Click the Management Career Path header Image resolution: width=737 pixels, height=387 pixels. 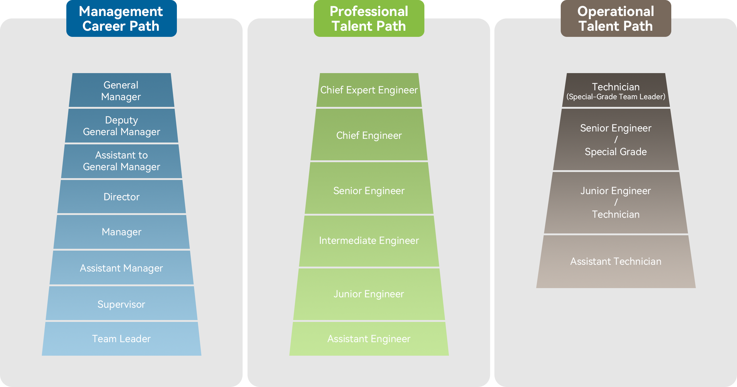coord(121,18)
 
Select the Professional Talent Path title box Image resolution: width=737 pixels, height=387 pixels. coord(369,18)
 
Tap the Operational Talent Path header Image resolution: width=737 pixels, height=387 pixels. coord(616,18)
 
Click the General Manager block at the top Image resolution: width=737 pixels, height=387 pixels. coord(121,91)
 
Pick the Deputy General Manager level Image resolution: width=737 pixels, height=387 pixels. coord(121,126)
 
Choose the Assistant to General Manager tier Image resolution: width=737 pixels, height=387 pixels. coord(121,161)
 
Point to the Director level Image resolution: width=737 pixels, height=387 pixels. coord(121,197)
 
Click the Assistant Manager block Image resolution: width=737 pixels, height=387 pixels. coord(121,268)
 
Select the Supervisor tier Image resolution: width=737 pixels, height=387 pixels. coord(121,304)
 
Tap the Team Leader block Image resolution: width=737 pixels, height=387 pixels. coord(121,338)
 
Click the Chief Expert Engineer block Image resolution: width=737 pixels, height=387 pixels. coord(369,90)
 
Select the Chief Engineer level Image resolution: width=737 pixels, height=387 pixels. coord(369,135)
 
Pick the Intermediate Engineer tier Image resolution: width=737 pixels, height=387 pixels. coord(369,240)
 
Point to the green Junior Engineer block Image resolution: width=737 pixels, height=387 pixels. coord(369,294)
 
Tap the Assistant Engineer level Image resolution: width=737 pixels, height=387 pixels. coord(369,338)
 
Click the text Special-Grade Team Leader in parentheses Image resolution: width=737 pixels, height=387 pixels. coord(616,97)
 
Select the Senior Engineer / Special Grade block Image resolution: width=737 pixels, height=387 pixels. coord(616,140)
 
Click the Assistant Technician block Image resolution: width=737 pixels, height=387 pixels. coord(616,261)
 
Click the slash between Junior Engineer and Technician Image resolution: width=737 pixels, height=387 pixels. coord(616,202)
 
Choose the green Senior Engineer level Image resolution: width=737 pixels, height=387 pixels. coord(369,191)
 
